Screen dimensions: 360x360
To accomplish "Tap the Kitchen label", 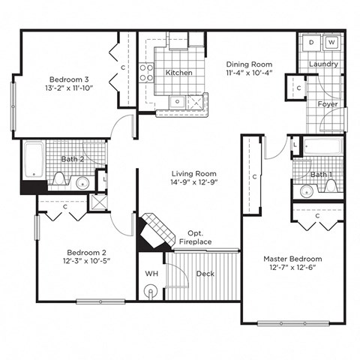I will [178, 73].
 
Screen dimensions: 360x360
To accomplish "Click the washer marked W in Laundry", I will [331, 43].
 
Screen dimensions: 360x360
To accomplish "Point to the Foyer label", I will [327, 104].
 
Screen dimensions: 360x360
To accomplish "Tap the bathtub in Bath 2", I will [34, 158].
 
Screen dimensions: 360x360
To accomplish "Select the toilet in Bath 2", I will [59, 178].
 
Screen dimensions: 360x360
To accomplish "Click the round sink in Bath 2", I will [83, 181].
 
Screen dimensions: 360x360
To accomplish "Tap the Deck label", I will [205, 274].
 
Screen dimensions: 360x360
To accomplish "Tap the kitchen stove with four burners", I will [146, 73].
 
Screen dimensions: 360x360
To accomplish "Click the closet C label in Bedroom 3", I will [122, 67].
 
